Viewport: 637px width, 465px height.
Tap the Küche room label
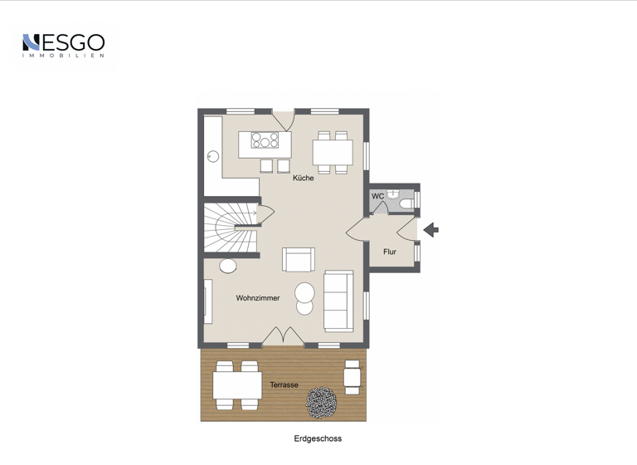tap(304, 179)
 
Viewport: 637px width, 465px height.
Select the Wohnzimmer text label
tap(258, 298)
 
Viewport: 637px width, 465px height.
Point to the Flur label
tap(390, 252)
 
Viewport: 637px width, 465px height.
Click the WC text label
tap(377, 197)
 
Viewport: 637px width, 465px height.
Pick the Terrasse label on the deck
tap(284, 385)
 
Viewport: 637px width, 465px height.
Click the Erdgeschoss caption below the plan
tap(318, 438)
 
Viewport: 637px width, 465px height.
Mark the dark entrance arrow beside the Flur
tap(430, 229)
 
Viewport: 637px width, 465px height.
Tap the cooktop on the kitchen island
tap(265, 139)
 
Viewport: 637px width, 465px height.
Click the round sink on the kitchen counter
tap(213, 154)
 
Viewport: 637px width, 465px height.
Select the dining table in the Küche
tap(333, 153)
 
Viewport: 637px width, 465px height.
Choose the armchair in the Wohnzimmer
tap(299, 259)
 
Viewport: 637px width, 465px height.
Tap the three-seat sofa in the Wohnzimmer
tap(338, 301)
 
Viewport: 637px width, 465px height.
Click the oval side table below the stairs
tap(227, 267)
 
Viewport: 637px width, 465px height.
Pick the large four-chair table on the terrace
tap(237, 385)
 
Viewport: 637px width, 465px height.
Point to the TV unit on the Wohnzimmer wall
tap(208, 301)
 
